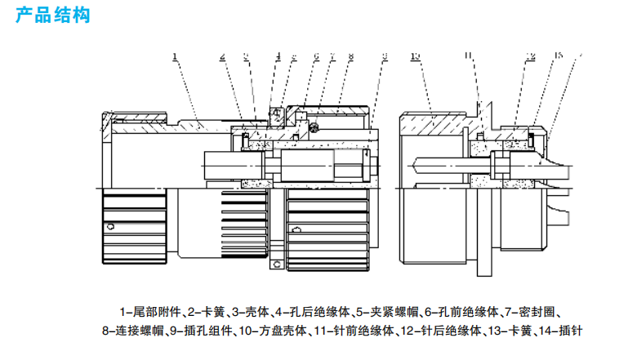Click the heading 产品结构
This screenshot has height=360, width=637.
[x=51, y=16]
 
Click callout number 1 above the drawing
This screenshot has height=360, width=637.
[x=176, y=56]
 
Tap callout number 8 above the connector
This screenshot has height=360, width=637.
[x=350, y=56]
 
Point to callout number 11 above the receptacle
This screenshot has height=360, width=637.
[x=469, y=56]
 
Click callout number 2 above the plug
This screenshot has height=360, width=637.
[x=222, y=56]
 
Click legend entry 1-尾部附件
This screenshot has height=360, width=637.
[x=151, y=311]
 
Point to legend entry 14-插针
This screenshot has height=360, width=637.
[x=563, y=331]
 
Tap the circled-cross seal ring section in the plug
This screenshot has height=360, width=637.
[x=312, y=126]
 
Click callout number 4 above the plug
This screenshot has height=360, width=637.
[x=278, y=56]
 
